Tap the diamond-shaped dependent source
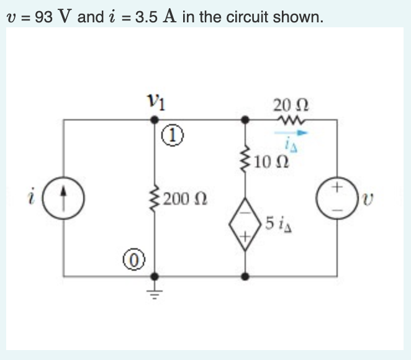[x=246, y=223]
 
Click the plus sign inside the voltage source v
[x=337, y=186]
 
